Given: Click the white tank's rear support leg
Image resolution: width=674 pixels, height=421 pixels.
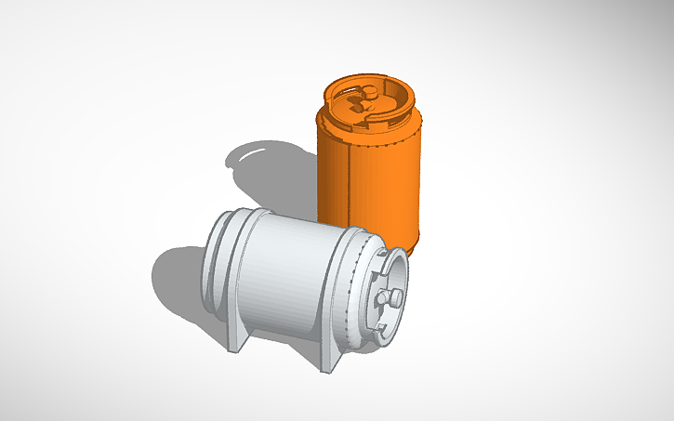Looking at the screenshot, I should (x=236, y=340).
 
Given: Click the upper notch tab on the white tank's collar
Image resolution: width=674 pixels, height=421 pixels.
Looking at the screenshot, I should (x=387, y=250).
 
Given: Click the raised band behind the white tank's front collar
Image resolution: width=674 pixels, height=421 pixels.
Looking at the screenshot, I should (x=358, y=279).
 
